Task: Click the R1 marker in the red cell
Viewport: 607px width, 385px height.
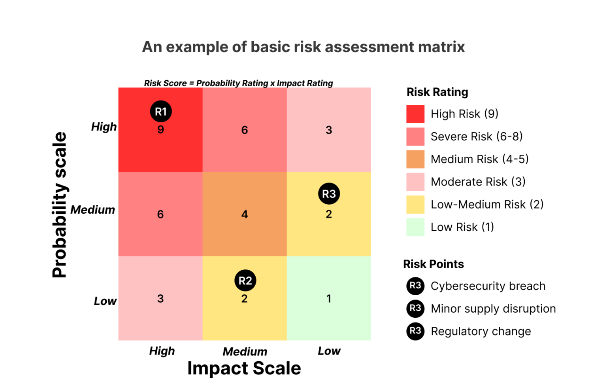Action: pyautogui.click(x=161, y=112)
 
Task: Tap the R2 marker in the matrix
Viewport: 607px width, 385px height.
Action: pyautogui.click(x=245, y=281)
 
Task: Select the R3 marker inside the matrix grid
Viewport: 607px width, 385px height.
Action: pyautogui.click(x=329, y=194)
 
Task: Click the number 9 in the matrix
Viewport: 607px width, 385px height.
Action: pyautogui.click(x=160, y=130)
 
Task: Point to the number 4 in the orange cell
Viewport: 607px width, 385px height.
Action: pyautogui.click(x=245, y=214)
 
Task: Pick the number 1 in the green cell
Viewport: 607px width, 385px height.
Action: pyautogui.click(x=329, y=299)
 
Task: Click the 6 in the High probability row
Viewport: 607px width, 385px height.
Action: pyautogui.click(x=245, y=130)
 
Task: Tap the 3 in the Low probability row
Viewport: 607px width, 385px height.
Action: pyautogui.click(x=160, y=299)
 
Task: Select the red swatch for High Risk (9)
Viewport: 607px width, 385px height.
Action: pyautogui.click(x=415, y=114)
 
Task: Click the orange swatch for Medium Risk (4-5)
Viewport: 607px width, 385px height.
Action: pyautogui.click(x=415, y=159)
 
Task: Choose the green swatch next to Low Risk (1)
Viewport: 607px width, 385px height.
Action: pyautogui.click(x=415, y=227)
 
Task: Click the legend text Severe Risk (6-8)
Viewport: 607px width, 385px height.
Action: pyautogui.click(x=477, y=137)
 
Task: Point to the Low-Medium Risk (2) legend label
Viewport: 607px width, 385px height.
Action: pyautogui.click(x=487, y=205)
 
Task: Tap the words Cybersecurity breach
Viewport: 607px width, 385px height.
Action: pyautogui.click(x=488, y=286)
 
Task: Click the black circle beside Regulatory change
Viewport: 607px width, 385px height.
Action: pyautogui.click(x=415, y=331)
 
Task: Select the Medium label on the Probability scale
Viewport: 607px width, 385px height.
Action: pyautogui.click(x=93, y=210)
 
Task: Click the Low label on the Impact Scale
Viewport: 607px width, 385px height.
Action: pyautogui.click(x=329, y=351)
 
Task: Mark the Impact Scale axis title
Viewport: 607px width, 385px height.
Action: pyautogui.click(x=244, y=368)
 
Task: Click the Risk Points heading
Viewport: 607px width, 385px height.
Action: pyautogui.click(x=434, y=264)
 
